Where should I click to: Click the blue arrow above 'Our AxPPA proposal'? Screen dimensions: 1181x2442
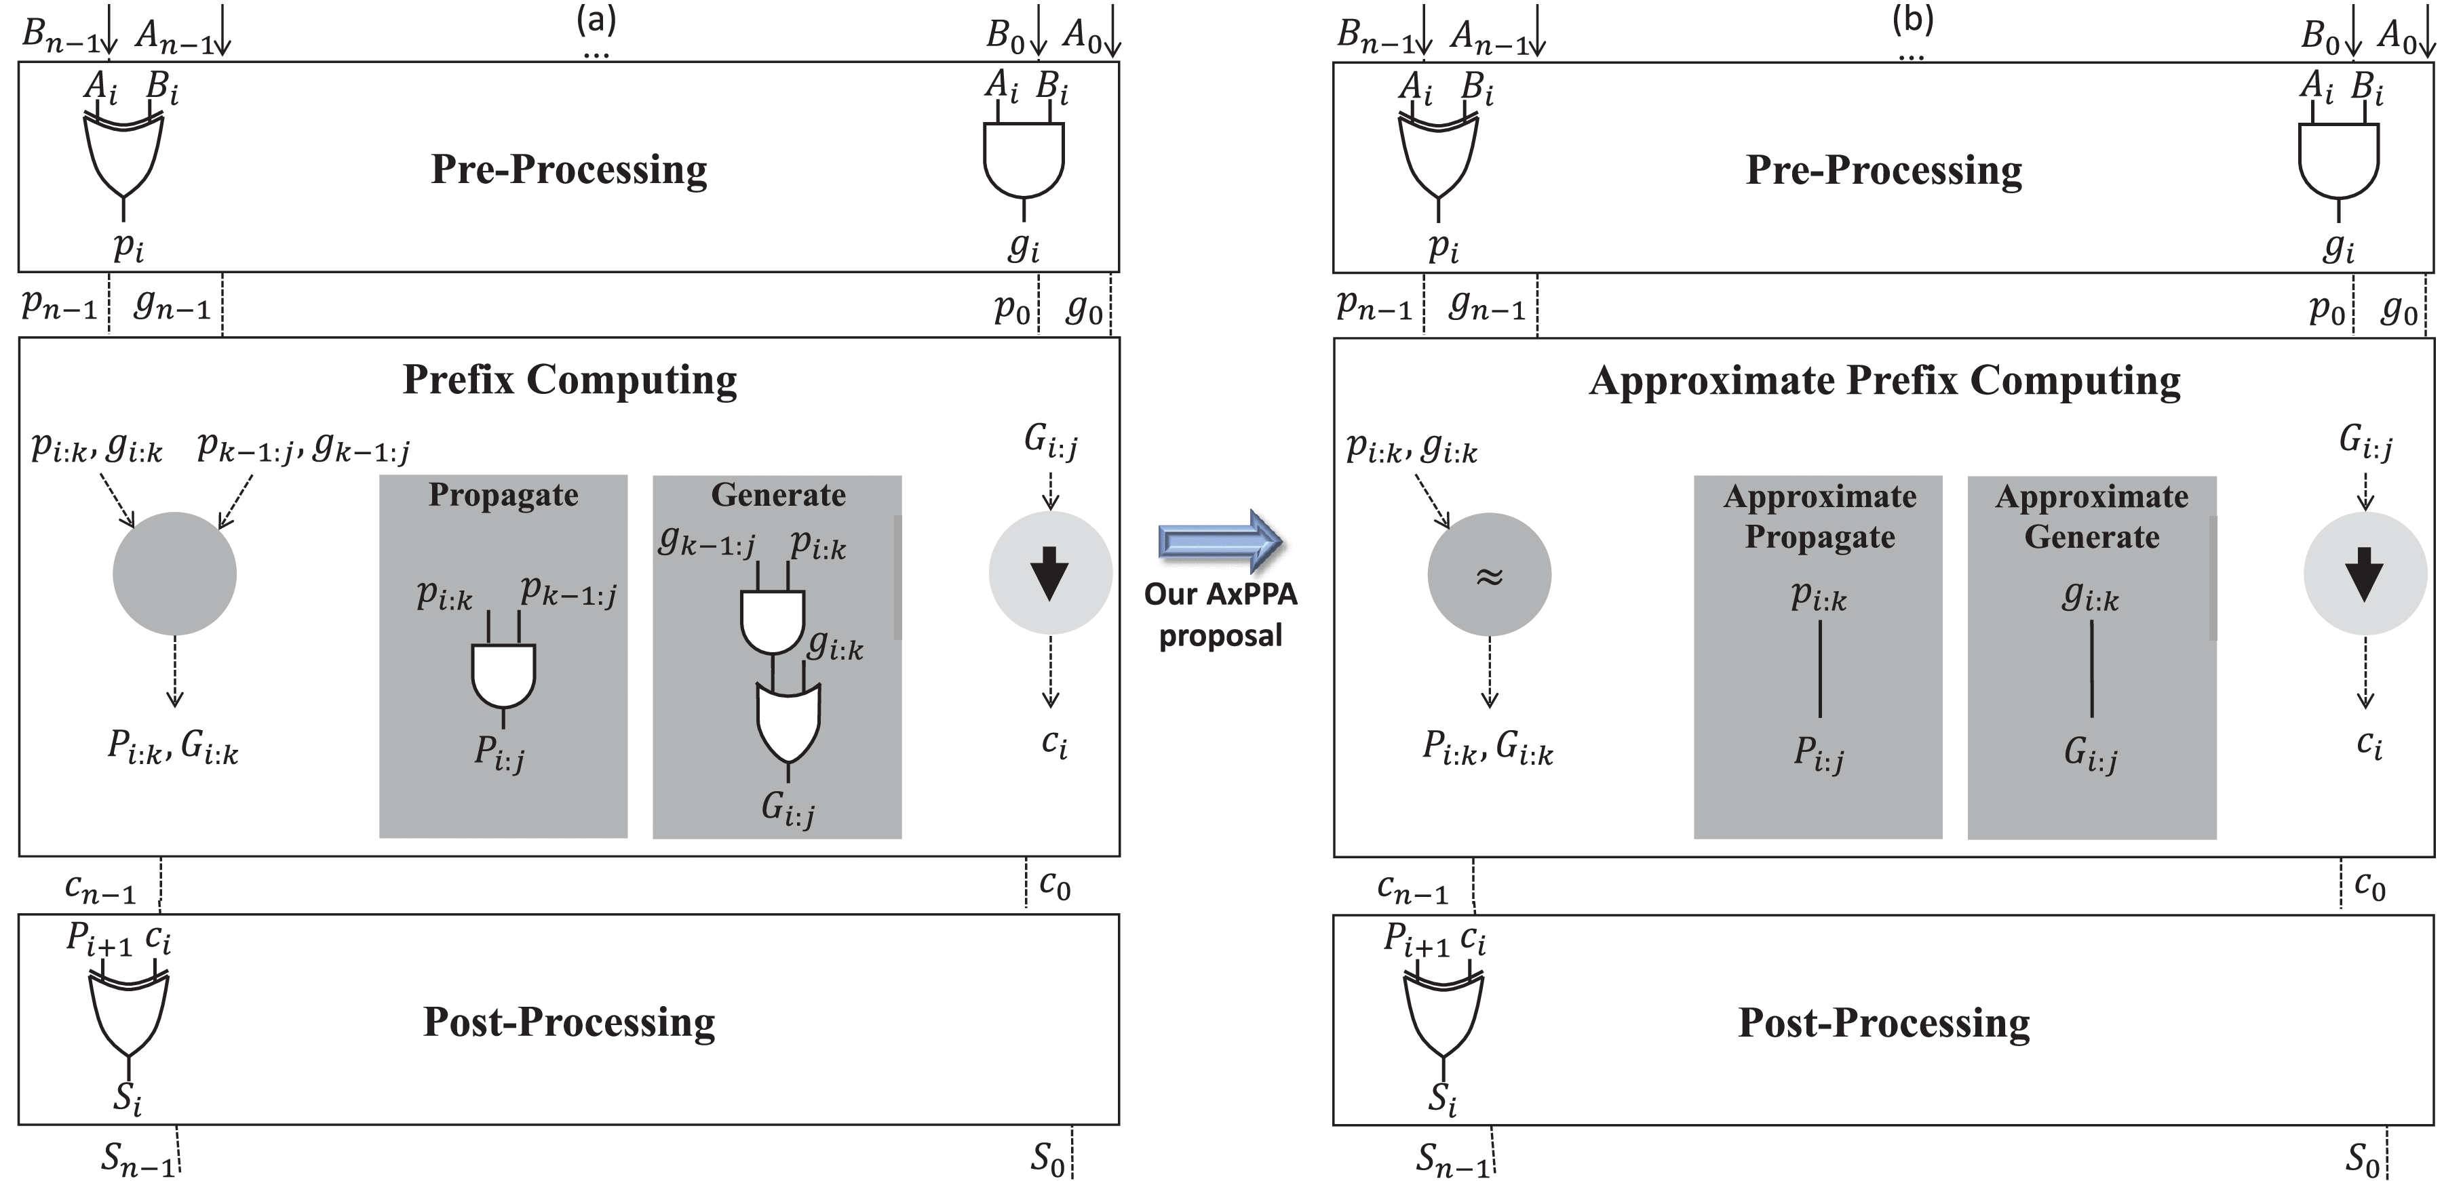click(x=1220, y=541)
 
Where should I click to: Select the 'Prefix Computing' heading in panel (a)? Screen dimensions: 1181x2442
click(x=569, y=379)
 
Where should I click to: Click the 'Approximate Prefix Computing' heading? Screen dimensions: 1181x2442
click(x=1884, y=381)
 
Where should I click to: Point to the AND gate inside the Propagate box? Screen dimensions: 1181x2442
click(x=503, y=675)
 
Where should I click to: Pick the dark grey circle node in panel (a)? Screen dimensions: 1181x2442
click(x=174, y=574)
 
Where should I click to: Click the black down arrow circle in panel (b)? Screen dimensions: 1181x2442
click(x=2364, y=574)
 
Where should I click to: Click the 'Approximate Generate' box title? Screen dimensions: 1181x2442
click(x=2091, y=517)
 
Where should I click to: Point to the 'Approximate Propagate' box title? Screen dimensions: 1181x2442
click(x=1819, y=517)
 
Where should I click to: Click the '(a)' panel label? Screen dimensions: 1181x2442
click(x=596, y=18)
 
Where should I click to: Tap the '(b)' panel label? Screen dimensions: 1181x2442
click(x=1912, y=18)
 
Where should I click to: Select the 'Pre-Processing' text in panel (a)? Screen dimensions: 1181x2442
click(x=569, y=169)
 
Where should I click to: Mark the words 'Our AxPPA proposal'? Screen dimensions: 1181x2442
click(x=1220, y=614)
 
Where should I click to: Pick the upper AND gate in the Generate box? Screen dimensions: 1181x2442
click(x=773, y=622)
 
